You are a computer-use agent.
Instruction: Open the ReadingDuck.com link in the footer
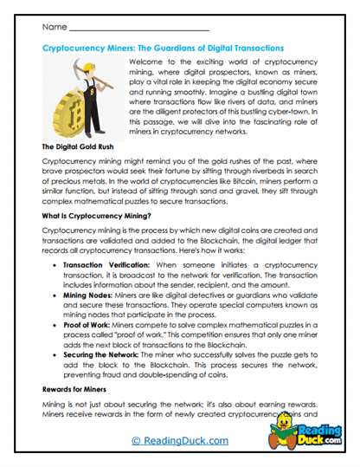click(x=178, y=442)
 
